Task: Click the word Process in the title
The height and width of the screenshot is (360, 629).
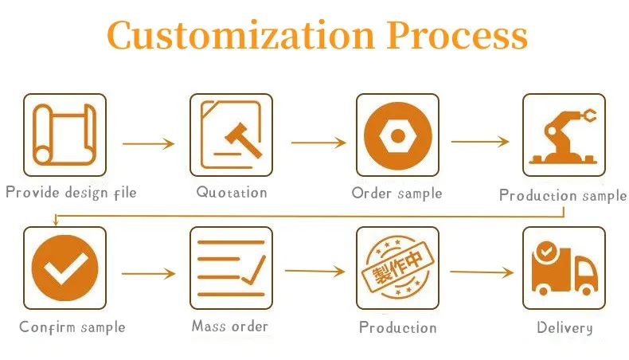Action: [457, 35]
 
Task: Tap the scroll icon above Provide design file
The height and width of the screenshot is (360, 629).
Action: [64, 135]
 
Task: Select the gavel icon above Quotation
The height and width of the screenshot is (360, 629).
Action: [231, 135]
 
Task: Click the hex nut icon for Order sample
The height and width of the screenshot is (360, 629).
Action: [397, 135]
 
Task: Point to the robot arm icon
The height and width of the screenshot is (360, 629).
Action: [564, 135]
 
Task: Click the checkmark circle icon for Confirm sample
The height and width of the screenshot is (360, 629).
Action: [64, 268]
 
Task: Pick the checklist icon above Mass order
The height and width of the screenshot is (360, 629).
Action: [231, 268]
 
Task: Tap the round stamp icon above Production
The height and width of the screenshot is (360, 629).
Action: [397, 268]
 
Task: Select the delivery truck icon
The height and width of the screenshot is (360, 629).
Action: [564, 268]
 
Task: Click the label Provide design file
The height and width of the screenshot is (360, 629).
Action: [72, 192]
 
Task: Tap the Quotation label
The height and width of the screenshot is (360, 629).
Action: [232, 192]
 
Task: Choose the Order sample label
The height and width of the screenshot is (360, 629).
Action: [397, 193]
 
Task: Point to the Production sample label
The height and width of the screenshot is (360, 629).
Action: [563, 195]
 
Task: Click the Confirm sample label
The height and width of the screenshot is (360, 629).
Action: [72, 327]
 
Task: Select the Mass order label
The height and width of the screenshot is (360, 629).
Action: [230, 326]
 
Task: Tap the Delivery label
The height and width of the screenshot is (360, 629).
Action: [565, 327]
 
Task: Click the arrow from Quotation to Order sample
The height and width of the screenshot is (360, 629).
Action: [318, 143]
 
